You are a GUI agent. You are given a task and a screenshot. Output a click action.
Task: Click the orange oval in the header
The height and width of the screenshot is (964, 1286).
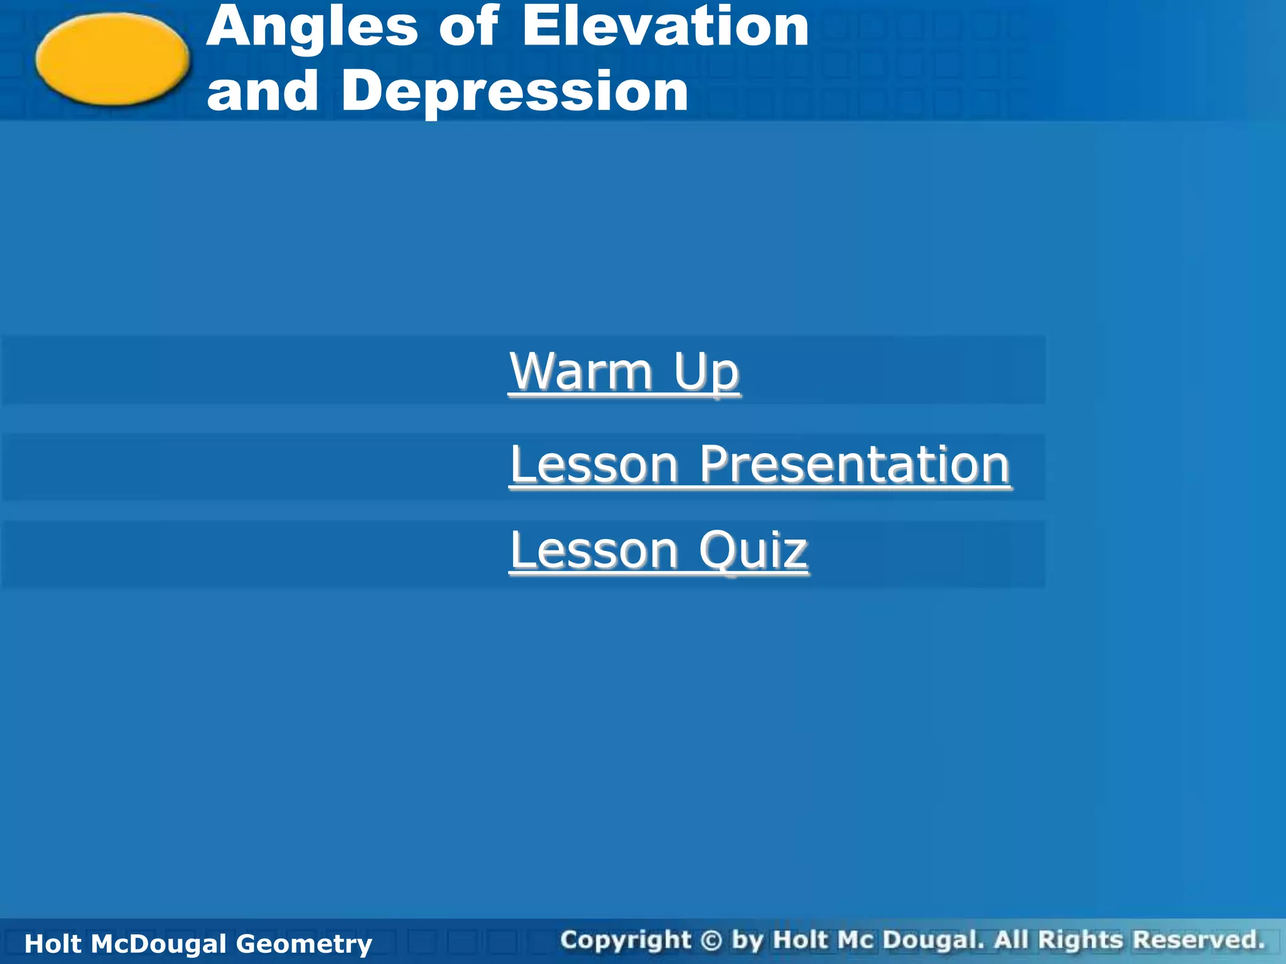[112, 59]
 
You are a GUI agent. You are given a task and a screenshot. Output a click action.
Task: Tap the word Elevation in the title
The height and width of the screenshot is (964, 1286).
[665, 26]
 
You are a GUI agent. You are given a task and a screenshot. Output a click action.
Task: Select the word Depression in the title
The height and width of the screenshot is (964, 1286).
[515, 91]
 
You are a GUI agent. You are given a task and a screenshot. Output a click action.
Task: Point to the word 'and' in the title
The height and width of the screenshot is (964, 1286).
[262, 91]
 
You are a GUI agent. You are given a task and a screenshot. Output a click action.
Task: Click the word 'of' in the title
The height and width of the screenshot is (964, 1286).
[468, 26]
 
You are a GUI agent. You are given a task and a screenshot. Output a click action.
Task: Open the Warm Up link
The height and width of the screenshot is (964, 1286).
[624, 372]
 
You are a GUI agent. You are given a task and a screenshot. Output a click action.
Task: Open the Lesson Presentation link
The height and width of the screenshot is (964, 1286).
[760, 464]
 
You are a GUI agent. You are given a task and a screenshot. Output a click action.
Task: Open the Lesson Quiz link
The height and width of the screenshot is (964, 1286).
[659, 550]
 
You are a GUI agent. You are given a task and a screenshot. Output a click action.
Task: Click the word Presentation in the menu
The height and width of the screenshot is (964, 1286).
[855, 464]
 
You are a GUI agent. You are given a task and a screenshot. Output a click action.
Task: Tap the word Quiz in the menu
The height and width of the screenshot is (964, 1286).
[754, 550]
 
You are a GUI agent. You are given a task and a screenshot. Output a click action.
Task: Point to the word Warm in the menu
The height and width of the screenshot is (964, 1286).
[581, 372]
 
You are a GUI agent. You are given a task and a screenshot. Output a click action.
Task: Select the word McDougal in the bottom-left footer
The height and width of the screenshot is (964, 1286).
[158, 944]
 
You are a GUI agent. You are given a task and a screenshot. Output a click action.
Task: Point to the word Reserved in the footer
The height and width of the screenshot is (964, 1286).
[1199, 940]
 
